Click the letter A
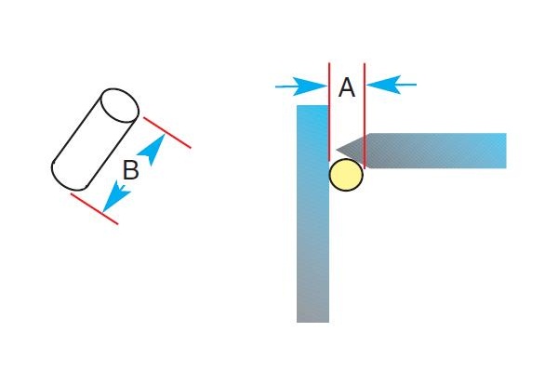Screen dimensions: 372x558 (x=347, y=88)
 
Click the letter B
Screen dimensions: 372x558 (x=131, y=170)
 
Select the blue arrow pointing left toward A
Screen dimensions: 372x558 (x=395, y=86)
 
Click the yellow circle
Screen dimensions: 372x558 (x=346, y=176)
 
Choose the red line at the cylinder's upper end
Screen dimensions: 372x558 (x=166, y=132)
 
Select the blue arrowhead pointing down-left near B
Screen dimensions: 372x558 (x=113, y=198)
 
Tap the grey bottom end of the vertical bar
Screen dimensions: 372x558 (x=312, y=312)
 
